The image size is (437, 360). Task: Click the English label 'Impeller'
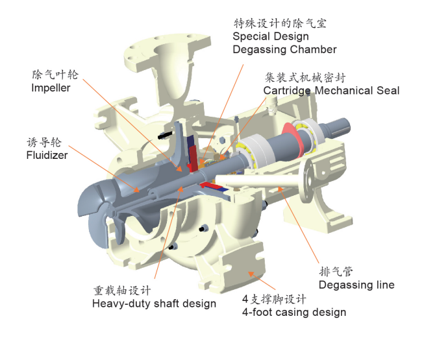pyautogui.click(x=51, y=88)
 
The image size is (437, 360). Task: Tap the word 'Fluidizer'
pyautogui.click(x=47, y=155)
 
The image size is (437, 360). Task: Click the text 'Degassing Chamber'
pyautogui.click(x=284, y=49)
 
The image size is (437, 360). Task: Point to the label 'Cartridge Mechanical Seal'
pyautogui.click(x=331, y=90)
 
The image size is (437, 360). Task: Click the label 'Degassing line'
pyautogui.click(x=356, y=285)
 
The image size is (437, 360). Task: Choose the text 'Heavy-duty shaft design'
pyautogui.click(x=154, y=303)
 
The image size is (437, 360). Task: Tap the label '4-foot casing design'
pyautogui.click(x=293, y=312)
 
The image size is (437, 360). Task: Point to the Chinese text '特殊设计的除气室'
pyautogui.click(x=280, y=23)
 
